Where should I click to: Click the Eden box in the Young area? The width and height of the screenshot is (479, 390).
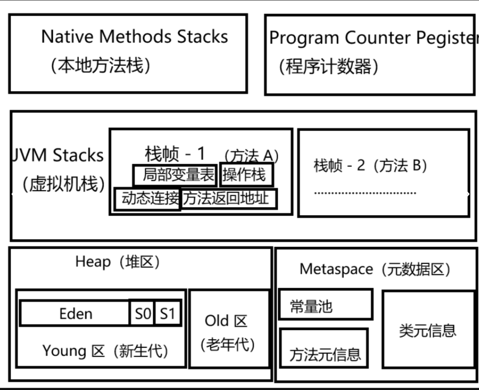(x=75, y=314)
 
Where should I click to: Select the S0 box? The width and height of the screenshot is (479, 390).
(x=142, y=314)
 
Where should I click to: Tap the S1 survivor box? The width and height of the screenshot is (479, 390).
(x=167, y=314)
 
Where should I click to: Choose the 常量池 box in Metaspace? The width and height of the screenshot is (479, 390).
(x=325, y=305)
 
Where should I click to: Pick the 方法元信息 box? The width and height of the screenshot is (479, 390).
(x=324, y=353)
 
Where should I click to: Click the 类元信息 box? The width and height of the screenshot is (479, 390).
(x=428, y=330)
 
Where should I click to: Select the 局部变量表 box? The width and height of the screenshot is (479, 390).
(x=175, y=175)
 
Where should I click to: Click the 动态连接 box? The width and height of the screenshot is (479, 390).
(x=147, y=199)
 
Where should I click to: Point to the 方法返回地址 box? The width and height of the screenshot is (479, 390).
(x=228, y=199)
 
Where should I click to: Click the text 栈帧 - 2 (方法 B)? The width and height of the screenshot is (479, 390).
(x=370, y=165)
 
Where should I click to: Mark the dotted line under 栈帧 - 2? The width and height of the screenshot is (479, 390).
(x=365, y=193)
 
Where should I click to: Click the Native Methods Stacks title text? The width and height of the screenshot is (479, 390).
(x=134, y=37)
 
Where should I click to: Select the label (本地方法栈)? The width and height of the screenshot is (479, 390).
(x=100, y=65)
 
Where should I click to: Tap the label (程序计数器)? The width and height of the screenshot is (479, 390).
(x=328, y=66)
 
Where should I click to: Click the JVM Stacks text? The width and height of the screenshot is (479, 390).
(x=58, y=155)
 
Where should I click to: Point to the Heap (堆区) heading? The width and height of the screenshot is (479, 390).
(x=117, y=261)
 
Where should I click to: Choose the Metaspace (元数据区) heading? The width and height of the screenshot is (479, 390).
(x=375, y=269)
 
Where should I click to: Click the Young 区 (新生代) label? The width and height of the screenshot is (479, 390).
(x=105, y=350)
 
